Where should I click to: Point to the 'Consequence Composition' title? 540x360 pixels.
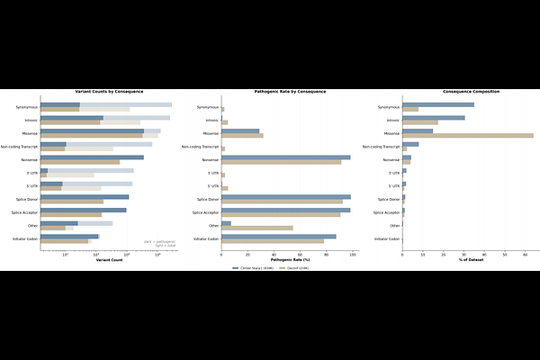(471, 92)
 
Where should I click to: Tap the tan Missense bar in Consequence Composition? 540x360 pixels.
(468, 135)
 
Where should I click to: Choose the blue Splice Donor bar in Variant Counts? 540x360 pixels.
(85, 197)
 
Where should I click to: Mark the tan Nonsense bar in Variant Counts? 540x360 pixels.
(80, 162)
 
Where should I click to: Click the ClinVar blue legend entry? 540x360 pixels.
(253, 268)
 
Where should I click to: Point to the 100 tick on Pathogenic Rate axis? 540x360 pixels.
(353, 255)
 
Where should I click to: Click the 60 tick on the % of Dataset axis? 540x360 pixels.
(525, 255)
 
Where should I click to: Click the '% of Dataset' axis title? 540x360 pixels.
(471, 260)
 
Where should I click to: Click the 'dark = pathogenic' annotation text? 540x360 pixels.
(159, 241)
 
